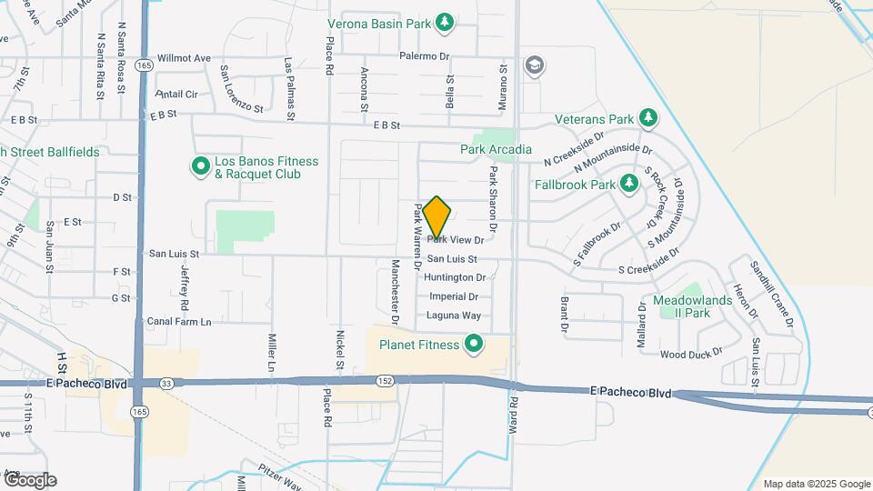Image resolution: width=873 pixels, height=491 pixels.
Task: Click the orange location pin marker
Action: click(437, 216)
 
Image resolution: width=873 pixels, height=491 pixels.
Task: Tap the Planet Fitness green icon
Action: click(473, 344)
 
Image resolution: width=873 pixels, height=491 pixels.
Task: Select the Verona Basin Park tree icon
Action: click(445, 21)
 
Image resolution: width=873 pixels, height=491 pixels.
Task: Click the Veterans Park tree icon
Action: click(647, 118)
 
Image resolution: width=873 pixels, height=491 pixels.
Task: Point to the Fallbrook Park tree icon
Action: click(628, 184)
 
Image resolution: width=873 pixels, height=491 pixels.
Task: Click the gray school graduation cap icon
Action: click(534, 65)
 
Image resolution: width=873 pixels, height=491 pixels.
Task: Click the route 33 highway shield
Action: click(166, 383)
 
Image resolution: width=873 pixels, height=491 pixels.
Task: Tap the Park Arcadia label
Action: click(496, 149)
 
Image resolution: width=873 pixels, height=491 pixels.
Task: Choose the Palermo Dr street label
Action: click(425, 56)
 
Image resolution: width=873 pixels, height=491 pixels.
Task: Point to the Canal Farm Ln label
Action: click(178, 322)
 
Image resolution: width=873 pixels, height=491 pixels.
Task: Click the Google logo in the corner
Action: click(30, 480)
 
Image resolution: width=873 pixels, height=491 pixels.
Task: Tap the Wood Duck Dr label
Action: click(691, 353)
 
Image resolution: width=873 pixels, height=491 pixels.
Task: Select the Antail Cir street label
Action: click(177, 94)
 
